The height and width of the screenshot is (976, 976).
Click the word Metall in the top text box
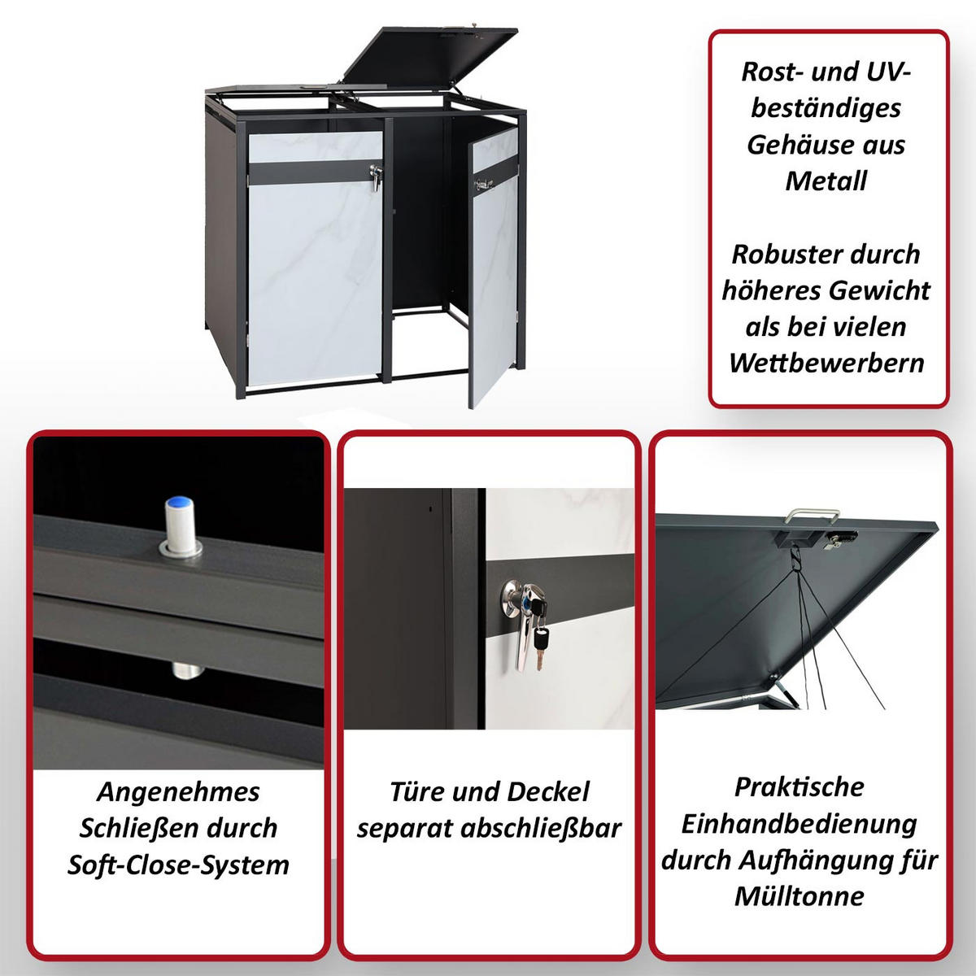[826, 181]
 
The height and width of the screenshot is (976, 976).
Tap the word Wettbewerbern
[826, 363]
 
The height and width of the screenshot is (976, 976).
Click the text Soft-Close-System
[178, 865]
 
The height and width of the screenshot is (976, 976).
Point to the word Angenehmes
[178, 791]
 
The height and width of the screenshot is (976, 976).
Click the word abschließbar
[541, 828]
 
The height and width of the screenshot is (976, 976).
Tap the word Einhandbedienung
[800, 823]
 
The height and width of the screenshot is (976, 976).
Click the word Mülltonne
[800, 896]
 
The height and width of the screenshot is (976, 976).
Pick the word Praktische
[800, 786]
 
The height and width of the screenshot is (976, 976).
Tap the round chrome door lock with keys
[516, 598]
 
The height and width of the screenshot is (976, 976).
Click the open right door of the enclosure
[493, 268]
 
